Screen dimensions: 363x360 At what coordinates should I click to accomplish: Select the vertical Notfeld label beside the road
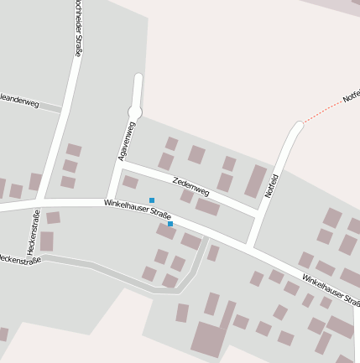tap(271, 185)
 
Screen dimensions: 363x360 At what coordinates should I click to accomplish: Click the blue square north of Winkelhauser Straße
tap(152, 200)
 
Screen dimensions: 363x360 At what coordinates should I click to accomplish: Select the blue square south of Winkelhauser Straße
tap(170, 224)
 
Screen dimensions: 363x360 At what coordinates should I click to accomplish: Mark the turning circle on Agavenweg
tap(135, 111)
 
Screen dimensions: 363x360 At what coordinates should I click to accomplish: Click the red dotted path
tap(323, 111)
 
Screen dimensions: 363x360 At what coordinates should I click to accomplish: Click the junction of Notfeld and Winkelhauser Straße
tap(248, 242)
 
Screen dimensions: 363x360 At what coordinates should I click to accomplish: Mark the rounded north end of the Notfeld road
tap(298, 127)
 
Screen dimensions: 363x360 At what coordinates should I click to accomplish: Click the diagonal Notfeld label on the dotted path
tap(352, 95)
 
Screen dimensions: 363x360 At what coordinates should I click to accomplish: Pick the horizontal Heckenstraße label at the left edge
tap(18, 259)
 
